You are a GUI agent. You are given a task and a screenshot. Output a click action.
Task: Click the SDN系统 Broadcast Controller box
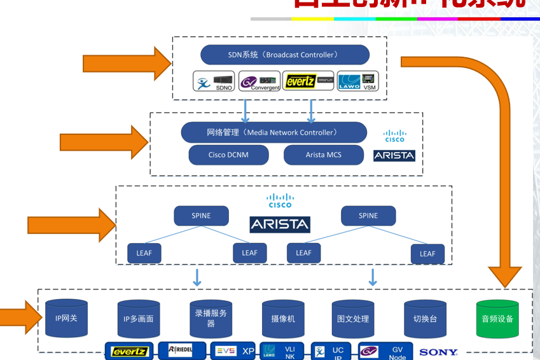[284, 55]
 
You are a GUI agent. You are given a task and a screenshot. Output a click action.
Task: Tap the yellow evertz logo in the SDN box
[308, 81]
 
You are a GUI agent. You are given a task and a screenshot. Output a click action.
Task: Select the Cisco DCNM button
[228, 155]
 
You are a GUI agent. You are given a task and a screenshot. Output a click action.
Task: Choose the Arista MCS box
[324, 155]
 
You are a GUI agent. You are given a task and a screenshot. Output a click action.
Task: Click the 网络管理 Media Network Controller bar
[273, 132]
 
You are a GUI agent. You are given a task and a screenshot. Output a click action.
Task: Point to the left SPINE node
[201, 216]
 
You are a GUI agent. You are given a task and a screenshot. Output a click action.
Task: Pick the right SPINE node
[368, 216]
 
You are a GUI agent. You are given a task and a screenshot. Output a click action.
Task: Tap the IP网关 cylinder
[66, 317]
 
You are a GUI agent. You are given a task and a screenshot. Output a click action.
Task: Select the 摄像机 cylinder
[283, 318]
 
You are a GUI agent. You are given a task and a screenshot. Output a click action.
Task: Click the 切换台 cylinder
[425, 318]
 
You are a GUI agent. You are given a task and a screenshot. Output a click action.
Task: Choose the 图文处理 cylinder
[354, 318]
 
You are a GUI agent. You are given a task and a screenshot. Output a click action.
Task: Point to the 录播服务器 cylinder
[211, 318]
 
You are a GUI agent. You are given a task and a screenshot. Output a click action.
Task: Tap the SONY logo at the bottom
[438, 352]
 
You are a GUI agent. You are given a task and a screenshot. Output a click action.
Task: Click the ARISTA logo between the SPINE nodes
[280, 224]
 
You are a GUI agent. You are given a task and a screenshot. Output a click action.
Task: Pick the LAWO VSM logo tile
[357, 81]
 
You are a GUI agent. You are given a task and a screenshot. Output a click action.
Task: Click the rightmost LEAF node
[427, 254]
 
